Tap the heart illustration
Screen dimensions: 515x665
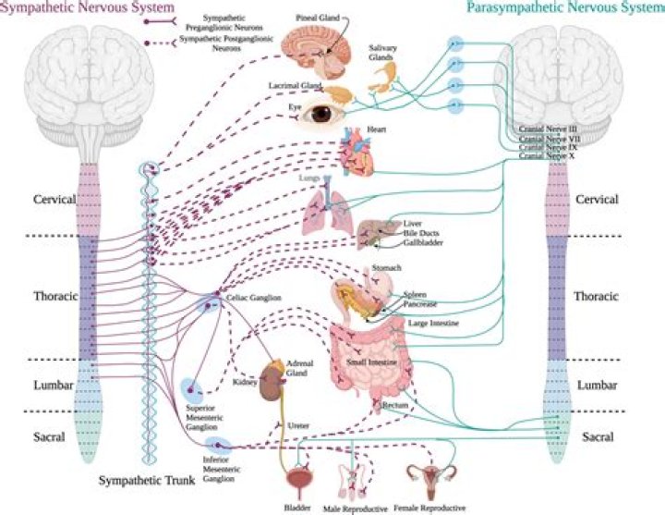click(x=355, y=153)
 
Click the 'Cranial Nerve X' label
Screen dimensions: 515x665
click(x=546, y=156)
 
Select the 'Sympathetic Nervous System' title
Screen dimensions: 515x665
click(x=75, y=8)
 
